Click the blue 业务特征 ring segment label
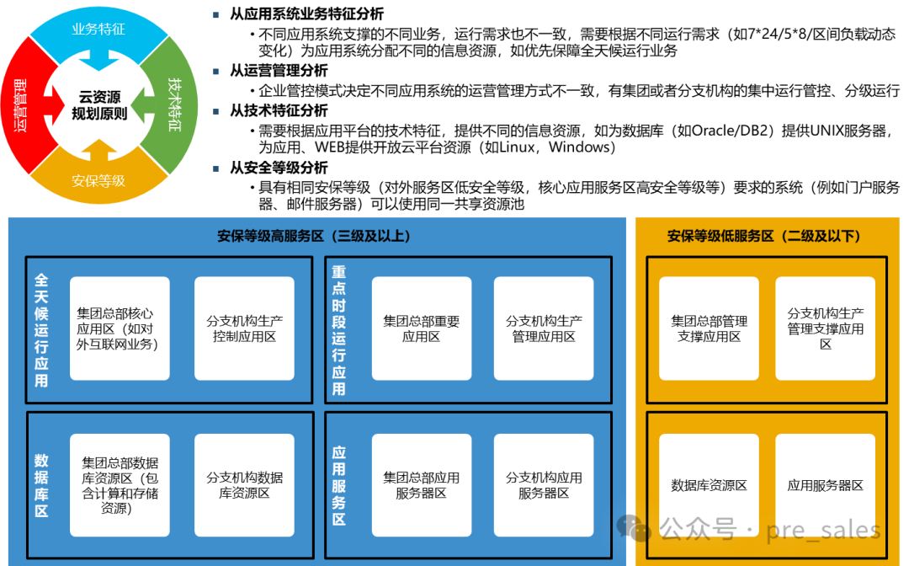(x=98, y=29)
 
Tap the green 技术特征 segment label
(x=174, y=104)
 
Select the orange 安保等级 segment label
(x=98, y=180)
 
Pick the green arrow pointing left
(x=144, y=105)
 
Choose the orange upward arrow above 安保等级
(x=99, y=151)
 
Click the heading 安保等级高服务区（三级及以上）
(x=314, y=237)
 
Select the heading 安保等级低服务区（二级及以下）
(x=764, y=237)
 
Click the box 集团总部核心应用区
(x=120, y=328)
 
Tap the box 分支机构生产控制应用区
(x=244, y=328)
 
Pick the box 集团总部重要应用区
(x=421, y=328)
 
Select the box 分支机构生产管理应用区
(x=544, y=328)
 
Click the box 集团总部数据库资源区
(x=120, y=485)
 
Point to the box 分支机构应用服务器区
(x=544, y=485)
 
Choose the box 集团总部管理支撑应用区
(x=709, y=328)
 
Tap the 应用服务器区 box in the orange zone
(x=825, y=485)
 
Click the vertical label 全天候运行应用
(x=41, y=329)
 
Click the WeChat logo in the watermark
(x=634, y=528)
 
